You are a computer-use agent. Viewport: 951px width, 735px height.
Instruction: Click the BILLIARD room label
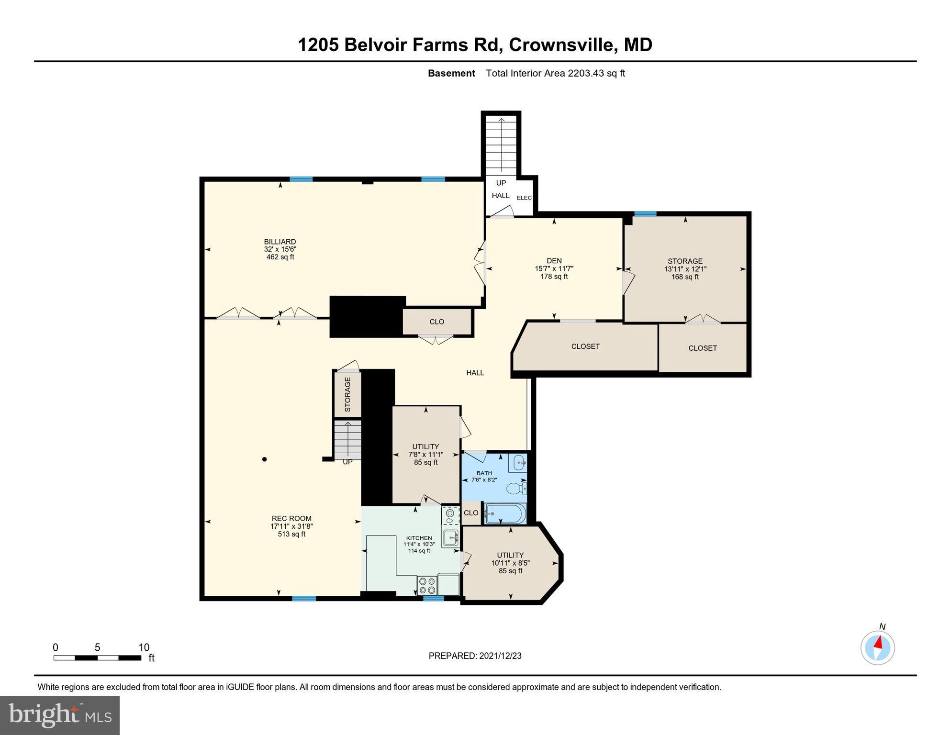pyautogui.click(x=280, y=242)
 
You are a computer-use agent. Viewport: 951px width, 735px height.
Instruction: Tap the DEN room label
pyautogui.click(x=554, y=261)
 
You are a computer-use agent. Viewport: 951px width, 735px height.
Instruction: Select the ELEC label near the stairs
pyautogui.click(x=524, y=198)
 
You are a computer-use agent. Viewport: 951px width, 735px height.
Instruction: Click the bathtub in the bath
pyautogui.click(x=505, y=514)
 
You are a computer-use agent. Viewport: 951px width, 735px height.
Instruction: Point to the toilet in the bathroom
pyautogui.click(x=516, y=489)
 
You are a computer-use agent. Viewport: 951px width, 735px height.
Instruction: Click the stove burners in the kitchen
pyautogui.click(x=427, y=585)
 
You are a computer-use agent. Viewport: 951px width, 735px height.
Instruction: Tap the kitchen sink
pyautogui.click(x=450, y=538)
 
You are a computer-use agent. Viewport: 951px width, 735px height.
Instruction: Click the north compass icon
pyautogui.click(x=877, y=648)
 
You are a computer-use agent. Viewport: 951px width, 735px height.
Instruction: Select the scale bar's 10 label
pyautogui.click(x=144, y=647)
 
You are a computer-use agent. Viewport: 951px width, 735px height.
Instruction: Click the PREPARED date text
pyautogui.click(x=475, y=656)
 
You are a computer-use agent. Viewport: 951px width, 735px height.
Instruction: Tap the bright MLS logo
pyautogui.click(x=60, y=715)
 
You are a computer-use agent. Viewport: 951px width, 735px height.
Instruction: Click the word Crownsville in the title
pyautogui.click(x=561, y=45)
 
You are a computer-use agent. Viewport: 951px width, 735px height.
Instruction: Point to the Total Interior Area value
pyautogui.click(x=555, y=74)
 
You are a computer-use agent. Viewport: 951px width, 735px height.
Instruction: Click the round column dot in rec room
pyautogui.click(x=264, y=459)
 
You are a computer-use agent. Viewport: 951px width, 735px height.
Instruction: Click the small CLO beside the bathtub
pyautogui.click(x=471, y=513)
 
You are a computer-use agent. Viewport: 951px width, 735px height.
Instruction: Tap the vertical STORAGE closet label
pyautogui.click(x=347, y=394)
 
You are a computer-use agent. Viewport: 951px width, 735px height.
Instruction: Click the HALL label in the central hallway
pyautogui.click(x=475, y=373)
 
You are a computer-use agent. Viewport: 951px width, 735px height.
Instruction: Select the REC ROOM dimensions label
pyautogui.click(x=291, y=526)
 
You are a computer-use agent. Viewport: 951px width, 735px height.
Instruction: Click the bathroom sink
pyautogui.click(x=519, y=463)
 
